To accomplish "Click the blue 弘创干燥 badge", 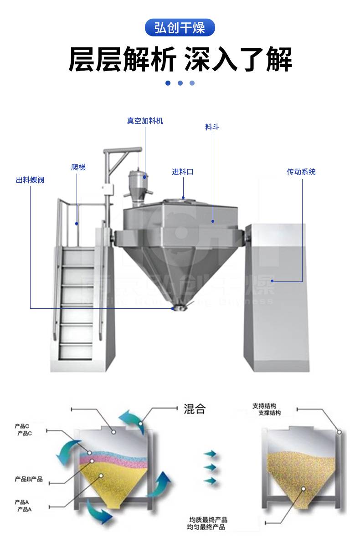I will pyautogui.click(x=180, y=28).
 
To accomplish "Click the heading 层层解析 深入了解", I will pyautogui.click(x=180, y=59).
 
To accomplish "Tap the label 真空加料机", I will pyautogui.click(x=145, y=121).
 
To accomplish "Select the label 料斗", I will pyautogui.click(x=212, y=127).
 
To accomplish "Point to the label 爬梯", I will pyautogui.click(x=78, y=167).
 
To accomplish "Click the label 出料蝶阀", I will pyautogui.click(x=30, y=180).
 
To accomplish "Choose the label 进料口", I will pyautogui.click(x=182, y=172).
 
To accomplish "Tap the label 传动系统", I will pyautogui.click(x=301, y=172).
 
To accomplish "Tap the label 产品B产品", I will pyautogui.click(x=29, y=479).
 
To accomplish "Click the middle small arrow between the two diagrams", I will pyautogui.click(x=210, y=467).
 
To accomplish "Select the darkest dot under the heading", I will pyautogui.click(x=168, y=83).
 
